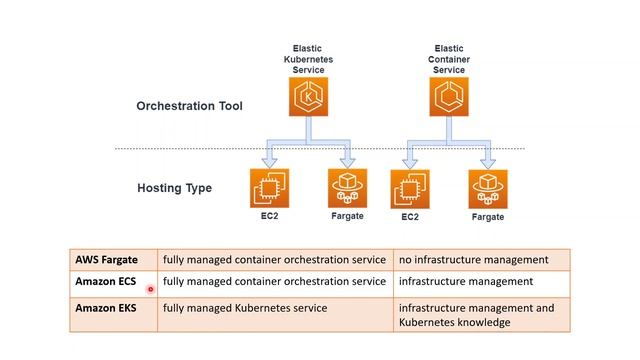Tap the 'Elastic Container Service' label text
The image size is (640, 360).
click(448, 58)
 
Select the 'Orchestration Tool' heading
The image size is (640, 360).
click(189, 106)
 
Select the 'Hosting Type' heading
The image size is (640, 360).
click(174, 187)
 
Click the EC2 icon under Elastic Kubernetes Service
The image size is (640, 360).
click(269, 187)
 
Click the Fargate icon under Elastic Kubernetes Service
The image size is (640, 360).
click(348, 187)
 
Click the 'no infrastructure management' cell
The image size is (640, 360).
click(474, 259)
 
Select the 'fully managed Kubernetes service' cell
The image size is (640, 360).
click(245, 308)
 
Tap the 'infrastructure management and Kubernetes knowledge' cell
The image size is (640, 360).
click(476, 315)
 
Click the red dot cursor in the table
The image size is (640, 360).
click(150, 289)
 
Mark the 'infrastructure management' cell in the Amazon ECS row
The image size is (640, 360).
click(466, 282)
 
